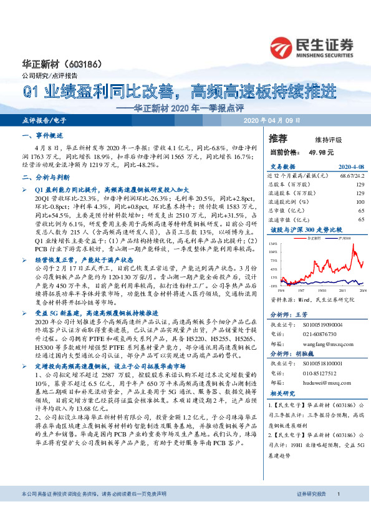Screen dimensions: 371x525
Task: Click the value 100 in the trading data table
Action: pyautogui.click(x=360, y=202)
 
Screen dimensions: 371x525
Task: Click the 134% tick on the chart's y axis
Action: pyautogui.click(x=273, y=244)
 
